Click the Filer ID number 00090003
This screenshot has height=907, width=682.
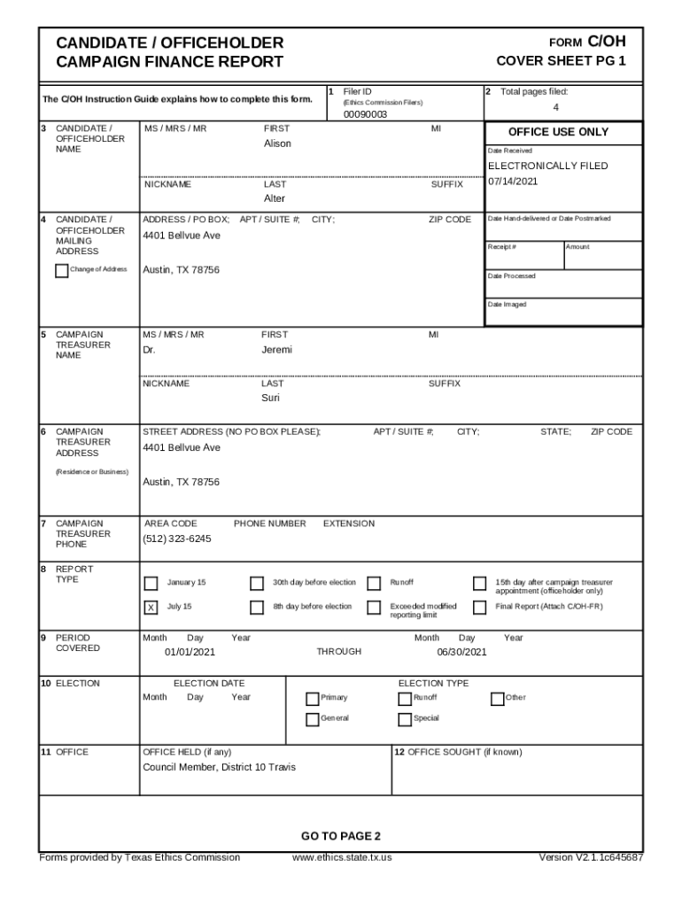pyautogui.click(x=365, y=114)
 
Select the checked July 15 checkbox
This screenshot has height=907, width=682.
pyautogui.click(x=151, y=607)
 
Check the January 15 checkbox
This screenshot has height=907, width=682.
pyautogui.click(x=151, y=583)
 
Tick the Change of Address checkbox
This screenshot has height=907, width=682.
pyautogui.click(x=61, y=270)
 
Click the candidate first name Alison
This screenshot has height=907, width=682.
pyautogui.click(x=277, y=143)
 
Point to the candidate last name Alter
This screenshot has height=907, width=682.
pyautogui.click(x=275, y=198)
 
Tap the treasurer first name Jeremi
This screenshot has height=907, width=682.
pyautogui.click(x=276, y=350)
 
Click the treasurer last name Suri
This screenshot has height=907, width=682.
pyautogui.click(x=270, y=398)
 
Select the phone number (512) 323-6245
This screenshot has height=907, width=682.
pyautogui.click(x=177, y=539)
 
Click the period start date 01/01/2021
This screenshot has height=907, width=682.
pyautogui.click(x=190, y=652)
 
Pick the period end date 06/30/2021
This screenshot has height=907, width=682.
pyautogui.click(x=461, y=652)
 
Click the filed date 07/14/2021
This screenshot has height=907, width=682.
pyautogui.click(x=513, y=182)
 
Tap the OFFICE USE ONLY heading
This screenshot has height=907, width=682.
pyautogui.click(x=558, y=132)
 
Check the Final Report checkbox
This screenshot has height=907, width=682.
pyautogui.click(x=479, y=607)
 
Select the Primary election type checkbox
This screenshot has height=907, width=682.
pyautogui.click(x=312, y=698)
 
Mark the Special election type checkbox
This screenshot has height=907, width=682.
pyautogui.click(x=406, y=718)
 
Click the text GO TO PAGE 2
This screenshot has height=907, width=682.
pyautogui.click(x=340, y=836)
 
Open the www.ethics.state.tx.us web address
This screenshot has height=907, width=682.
pyautogui.click(x=341, y=857)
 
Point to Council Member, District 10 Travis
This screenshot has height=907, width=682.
pyautogui.click(x=219, y=767)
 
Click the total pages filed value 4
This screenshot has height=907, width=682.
pyautogui.click(x=555, y=107)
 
